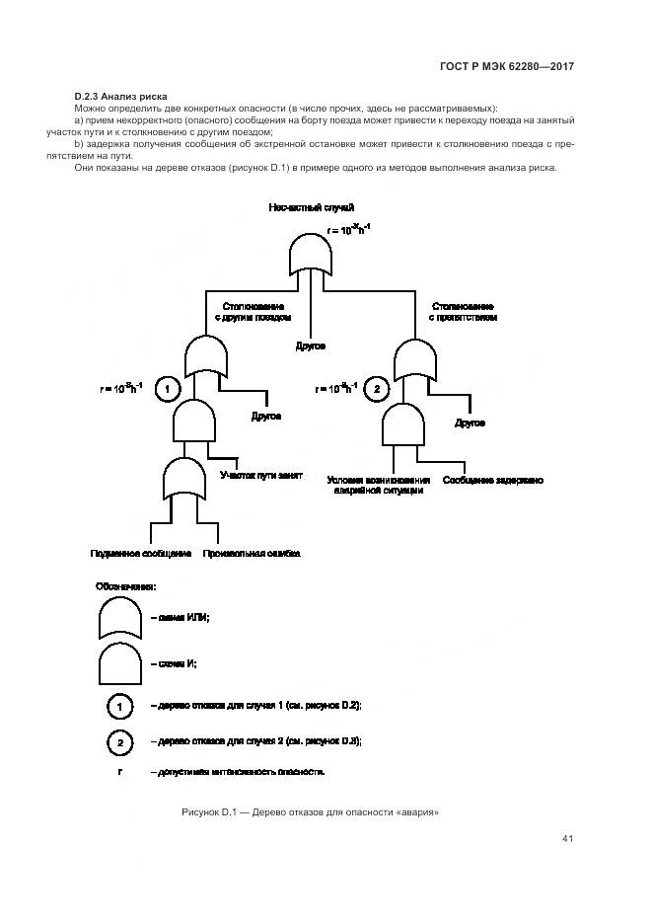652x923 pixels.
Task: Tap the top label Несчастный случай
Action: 311,206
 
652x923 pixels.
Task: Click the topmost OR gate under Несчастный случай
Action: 311,253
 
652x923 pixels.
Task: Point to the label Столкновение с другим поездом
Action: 253,312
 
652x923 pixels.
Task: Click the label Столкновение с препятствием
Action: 463,312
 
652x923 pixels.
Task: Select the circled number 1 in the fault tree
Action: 169,389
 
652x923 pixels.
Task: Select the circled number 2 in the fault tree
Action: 377,389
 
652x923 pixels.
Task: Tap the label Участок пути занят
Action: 260,474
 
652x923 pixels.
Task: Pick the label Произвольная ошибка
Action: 251,554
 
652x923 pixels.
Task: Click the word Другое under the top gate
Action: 310,346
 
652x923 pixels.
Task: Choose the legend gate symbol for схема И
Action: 120,664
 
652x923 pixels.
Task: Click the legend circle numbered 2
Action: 118,741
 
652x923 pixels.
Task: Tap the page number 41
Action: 567,839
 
